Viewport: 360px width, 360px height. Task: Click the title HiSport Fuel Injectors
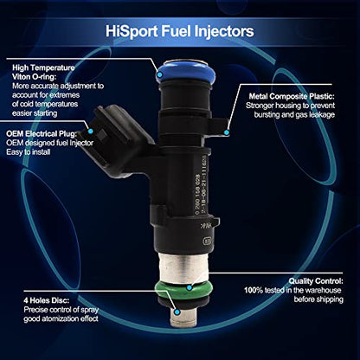179,30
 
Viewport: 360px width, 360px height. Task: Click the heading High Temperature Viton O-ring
49,69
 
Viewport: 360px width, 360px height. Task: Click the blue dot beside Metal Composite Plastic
227,132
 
